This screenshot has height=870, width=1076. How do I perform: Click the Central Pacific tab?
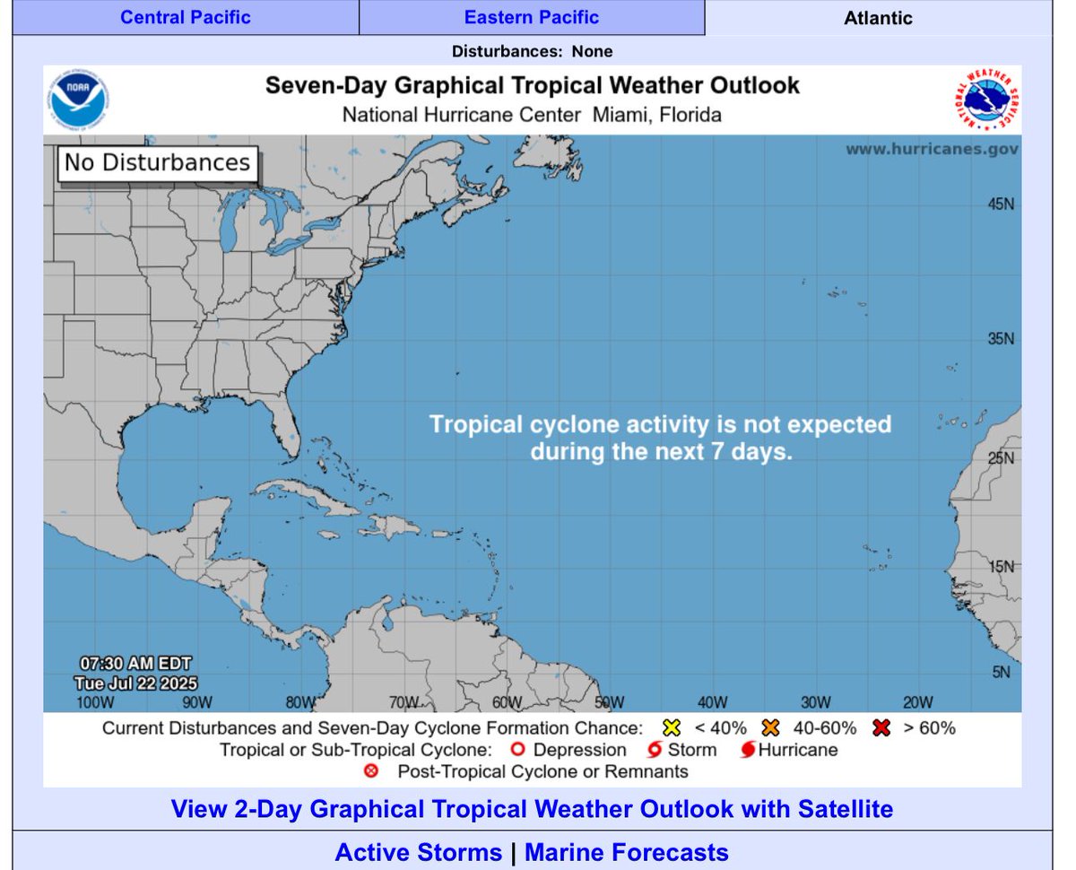point(185,17)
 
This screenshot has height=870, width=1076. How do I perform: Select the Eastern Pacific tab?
point(532,17)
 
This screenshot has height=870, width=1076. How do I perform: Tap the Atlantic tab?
point(878,17)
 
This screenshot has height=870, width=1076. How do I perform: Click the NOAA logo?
point(79,99)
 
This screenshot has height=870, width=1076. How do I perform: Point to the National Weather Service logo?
point(986,99)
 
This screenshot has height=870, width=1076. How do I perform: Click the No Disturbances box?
point(157,163)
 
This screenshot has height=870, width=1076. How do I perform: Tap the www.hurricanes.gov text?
point(932,149)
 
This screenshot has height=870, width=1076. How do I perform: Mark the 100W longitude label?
point(95,702)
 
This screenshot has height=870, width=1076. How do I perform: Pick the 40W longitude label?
point(712,702)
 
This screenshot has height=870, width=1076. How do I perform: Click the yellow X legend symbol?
point(672,727)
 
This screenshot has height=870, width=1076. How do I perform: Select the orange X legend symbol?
point(772,727)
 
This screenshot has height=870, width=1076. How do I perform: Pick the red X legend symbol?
point(881,727)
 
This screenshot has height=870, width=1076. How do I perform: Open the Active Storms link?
point(418,851)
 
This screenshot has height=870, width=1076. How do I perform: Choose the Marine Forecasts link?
point(626,851)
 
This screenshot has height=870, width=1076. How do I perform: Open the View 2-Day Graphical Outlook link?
point(532,809)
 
